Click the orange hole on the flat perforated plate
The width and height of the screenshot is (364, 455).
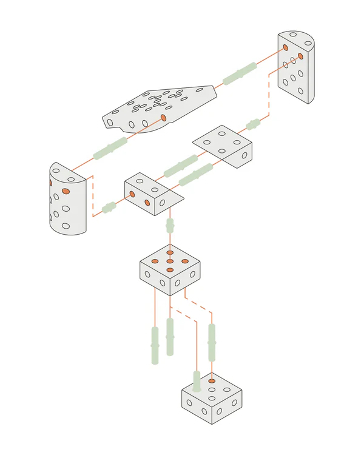coord(163,117)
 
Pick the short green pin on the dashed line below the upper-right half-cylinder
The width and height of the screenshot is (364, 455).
coord(253,125)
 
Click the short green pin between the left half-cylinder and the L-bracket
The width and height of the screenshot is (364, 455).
coord(109,207)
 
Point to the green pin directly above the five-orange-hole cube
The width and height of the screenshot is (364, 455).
coord(170,226)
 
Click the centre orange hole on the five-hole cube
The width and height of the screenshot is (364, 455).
coord(170,261)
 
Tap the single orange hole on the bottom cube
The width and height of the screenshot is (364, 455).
coord(211,381)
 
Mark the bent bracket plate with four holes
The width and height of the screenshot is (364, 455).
coord(223,144)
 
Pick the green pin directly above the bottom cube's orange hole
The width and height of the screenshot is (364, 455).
coord(212,342)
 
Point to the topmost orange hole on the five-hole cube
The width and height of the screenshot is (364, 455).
coord(170,252)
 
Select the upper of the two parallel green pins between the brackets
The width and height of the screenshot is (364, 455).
coord(180,164)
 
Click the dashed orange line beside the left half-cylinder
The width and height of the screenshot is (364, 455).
coord(93,195)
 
